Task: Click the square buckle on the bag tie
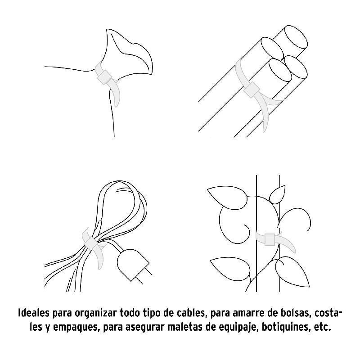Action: click(104, 76)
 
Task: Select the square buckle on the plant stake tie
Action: click(270, 240)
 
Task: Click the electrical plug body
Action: click(130, 264)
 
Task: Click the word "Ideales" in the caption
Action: click(34, 313)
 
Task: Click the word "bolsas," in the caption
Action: click(292, 313)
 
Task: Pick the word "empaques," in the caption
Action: click(76, 328)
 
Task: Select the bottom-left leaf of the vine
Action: click(229, 269)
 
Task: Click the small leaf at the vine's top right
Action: click(277, 194)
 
